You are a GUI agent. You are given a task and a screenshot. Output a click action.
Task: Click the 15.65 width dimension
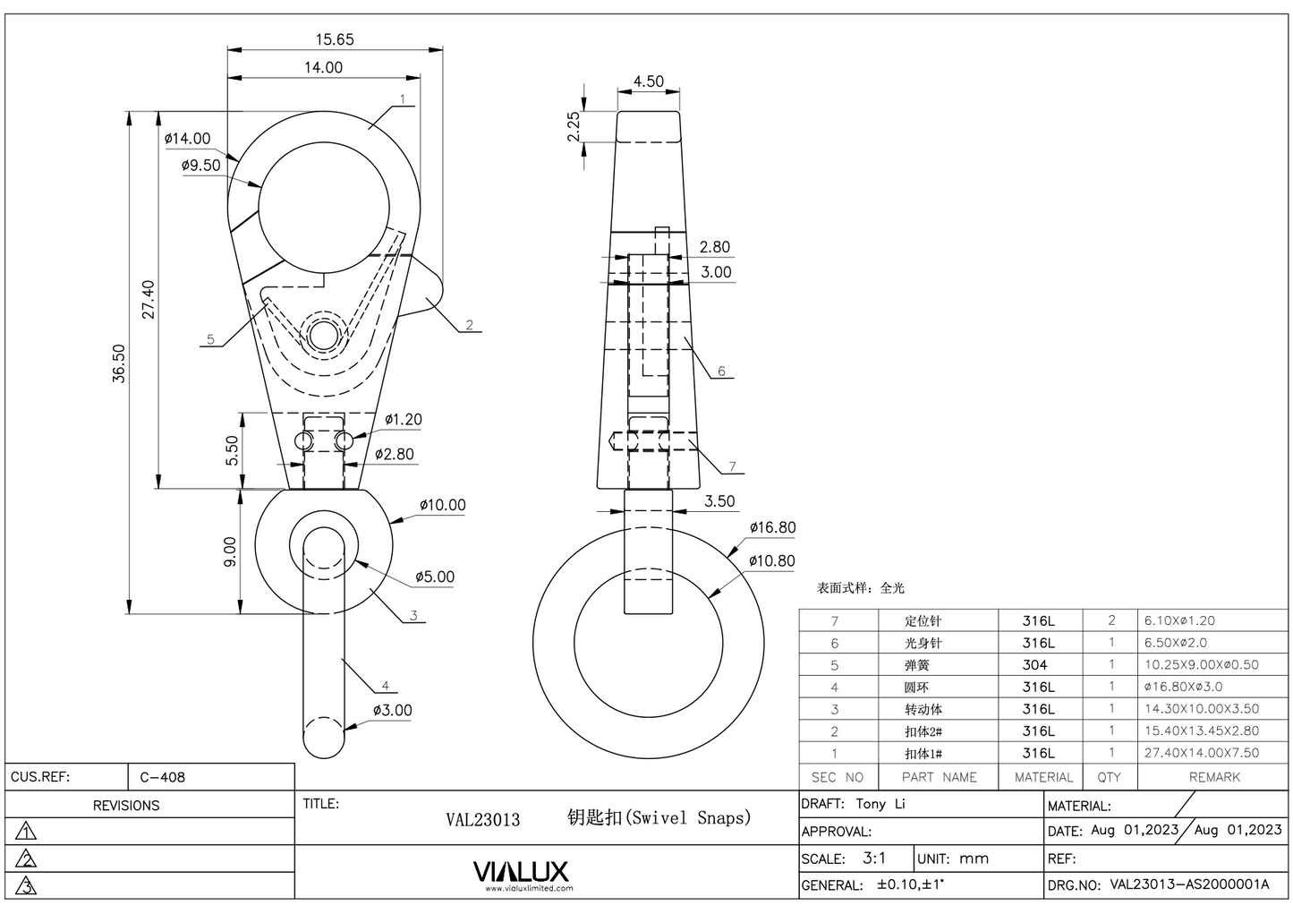(x=335, y=39)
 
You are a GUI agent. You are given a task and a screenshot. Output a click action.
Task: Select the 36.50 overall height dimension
(x=119, y=363)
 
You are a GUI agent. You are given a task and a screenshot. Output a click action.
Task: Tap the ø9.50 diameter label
(x=200, y=166)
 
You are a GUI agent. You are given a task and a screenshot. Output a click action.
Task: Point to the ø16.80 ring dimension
(x=772, y=528)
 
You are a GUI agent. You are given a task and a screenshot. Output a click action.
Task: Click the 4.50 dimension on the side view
(x=648, y=81)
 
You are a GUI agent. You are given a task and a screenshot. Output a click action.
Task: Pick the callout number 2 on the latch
(x=469, y=326)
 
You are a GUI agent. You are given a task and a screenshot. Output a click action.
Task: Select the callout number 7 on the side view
(x=732, y=466)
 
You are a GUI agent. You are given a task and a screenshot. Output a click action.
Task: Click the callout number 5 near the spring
(x=210, y=339)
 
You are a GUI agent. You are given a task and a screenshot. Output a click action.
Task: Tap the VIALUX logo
(x=520, y=873)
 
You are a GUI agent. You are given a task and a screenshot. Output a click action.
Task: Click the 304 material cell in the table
(x=1034, y=665)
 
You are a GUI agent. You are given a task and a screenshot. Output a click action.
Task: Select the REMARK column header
(x=1213, y=777)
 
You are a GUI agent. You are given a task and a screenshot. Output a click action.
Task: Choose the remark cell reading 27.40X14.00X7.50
(x=1201, y=753)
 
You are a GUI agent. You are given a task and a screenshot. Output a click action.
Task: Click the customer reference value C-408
(x=163, y=777)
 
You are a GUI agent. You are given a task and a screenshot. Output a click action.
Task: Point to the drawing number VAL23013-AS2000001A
(x=1189, y=884)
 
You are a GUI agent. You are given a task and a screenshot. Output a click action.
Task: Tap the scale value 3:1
(x=874, y=858)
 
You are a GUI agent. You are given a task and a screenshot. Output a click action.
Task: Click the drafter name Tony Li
(x=880, y=804)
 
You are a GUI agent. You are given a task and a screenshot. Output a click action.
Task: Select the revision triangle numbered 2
(x=27, y=859)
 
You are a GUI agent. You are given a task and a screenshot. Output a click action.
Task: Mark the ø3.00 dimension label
(x=393, y=711)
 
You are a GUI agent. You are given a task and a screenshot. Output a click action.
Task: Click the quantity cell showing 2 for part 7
(x=1111, y=620)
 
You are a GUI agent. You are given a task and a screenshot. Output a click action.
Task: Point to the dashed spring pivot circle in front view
(x=323, y=334)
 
